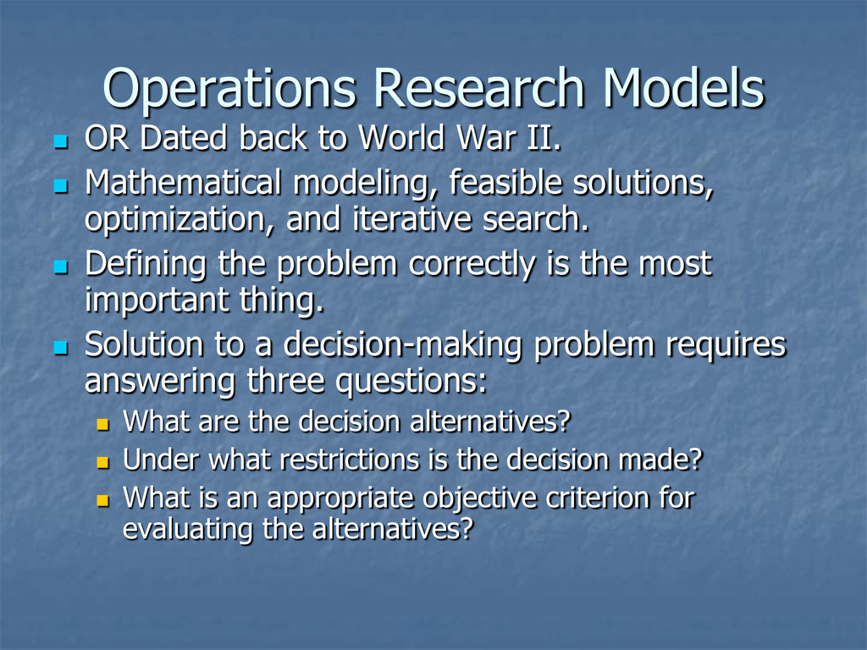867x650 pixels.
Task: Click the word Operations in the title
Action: point(231,89)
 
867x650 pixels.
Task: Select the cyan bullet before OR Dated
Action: point(59,140)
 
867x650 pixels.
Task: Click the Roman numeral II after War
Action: point(540,138)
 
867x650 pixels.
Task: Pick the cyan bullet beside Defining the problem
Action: point(59,267)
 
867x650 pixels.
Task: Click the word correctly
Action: point(471,265)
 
